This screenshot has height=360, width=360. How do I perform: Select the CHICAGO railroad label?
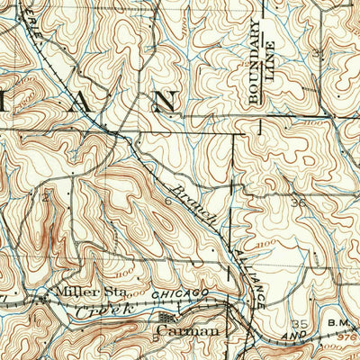click(180, 293)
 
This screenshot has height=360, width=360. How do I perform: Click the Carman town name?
click(188, 331)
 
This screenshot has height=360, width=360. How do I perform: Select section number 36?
click(299, 202)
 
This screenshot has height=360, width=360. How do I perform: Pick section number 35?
click(301, 322)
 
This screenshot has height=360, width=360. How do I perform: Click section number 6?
click(167, 203)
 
